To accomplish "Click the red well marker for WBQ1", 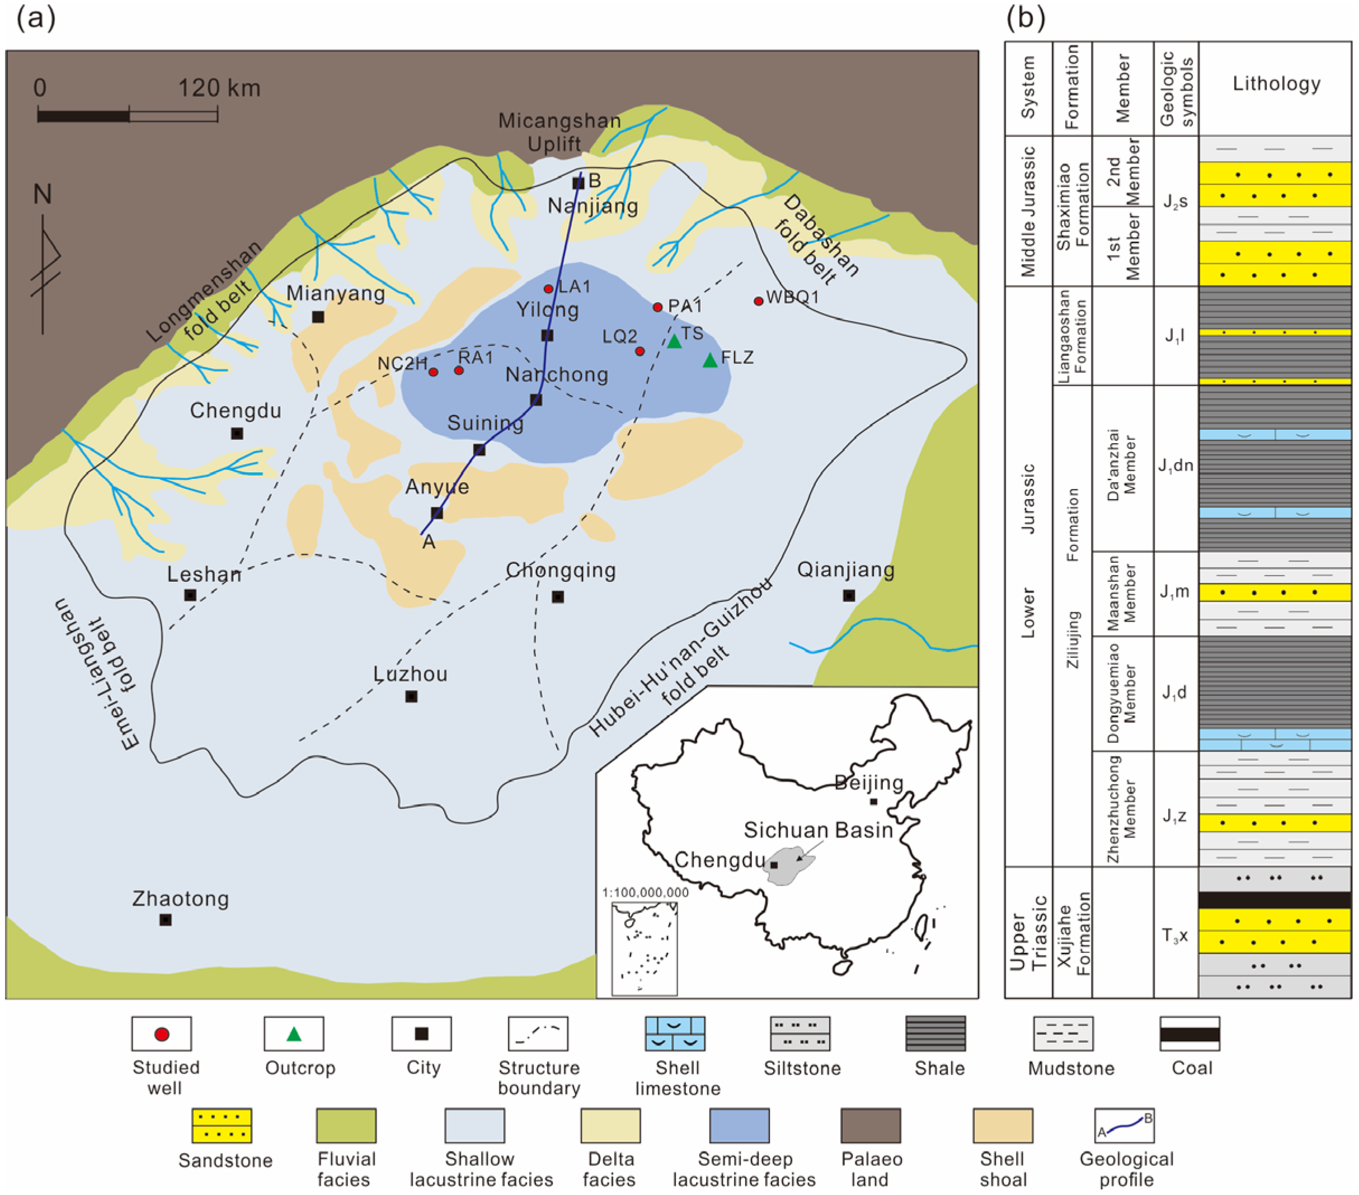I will coord(758,301).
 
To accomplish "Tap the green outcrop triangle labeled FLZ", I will coord(710,361).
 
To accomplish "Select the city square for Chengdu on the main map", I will coord(237,434).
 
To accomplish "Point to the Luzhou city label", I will coord(410,674).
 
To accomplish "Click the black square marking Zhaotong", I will coord(166,920).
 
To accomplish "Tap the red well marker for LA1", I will coord(548,289).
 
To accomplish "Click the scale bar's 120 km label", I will coord(219,88).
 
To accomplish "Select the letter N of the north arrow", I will coord(43,194).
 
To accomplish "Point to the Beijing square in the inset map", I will coord(874,801).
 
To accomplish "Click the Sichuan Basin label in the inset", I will coord(818,830).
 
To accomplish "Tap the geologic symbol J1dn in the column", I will coord(1175,466).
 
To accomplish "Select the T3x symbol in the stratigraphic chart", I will coord(1175,935).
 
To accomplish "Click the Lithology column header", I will coord(1276,84).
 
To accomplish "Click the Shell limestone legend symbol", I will coord(675,1034).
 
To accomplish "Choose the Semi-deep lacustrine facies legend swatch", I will coord(739,1125).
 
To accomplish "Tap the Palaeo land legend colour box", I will coord(871,1125).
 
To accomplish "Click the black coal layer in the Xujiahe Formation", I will coord(1275,900).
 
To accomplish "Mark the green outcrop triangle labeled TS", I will coord(674,342).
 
